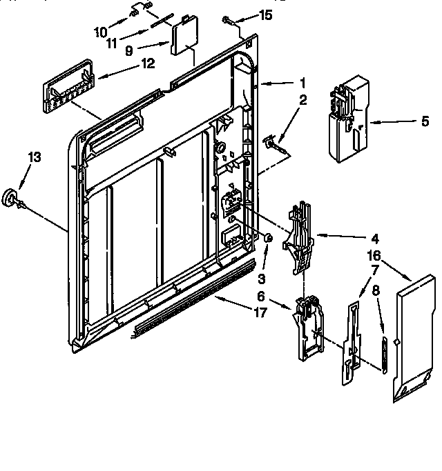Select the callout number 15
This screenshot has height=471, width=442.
(265, 15)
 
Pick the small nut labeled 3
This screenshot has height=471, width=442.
(268, 239)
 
